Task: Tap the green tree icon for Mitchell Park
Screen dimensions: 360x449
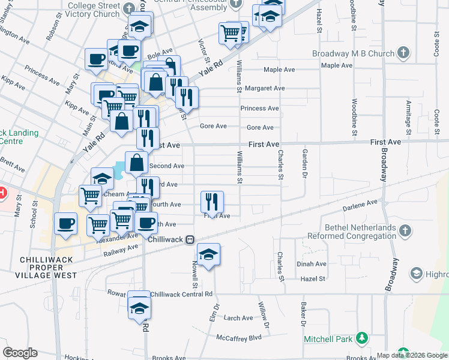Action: [361, 338]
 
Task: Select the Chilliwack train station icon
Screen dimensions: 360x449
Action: [189, 239]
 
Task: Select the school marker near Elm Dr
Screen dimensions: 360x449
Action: [208, 254]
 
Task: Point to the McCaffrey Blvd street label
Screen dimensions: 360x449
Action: [239, 338]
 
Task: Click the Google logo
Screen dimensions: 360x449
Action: [20, 353]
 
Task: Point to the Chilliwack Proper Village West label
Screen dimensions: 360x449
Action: [47, 267]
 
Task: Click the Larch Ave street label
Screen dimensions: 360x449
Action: [238, 318]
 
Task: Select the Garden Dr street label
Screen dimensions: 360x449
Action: [305, 164]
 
